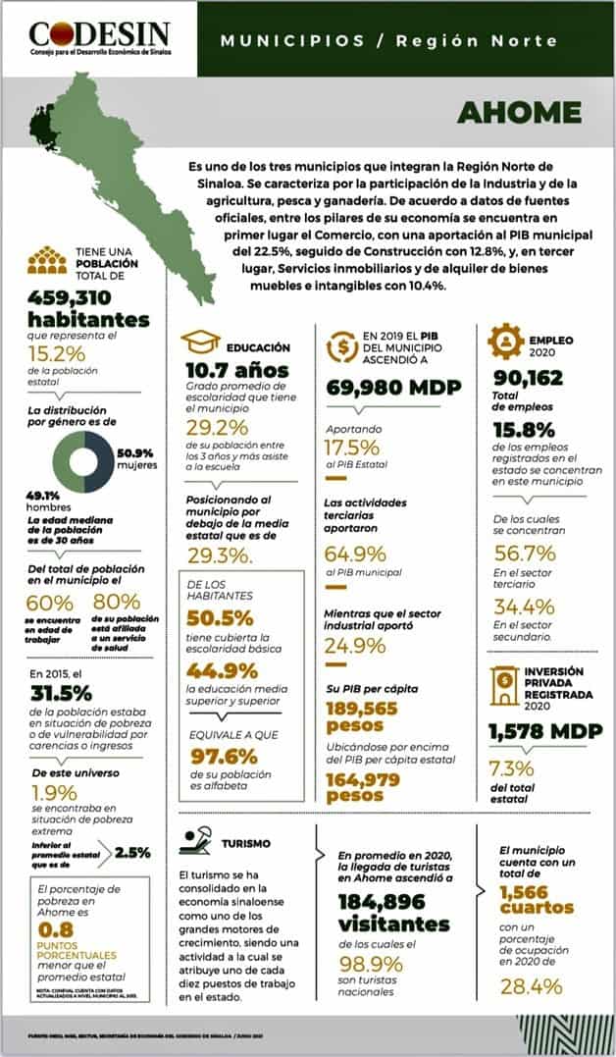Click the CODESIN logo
point(99,39)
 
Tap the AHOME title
point(518,112)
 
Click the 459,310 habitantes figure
point(88,309)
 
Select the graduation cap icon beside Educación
point(198,343)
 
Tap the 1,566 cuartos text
point(539,901)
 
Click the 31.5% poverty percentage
point(60,693)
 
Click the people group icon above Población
point(43,259)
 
